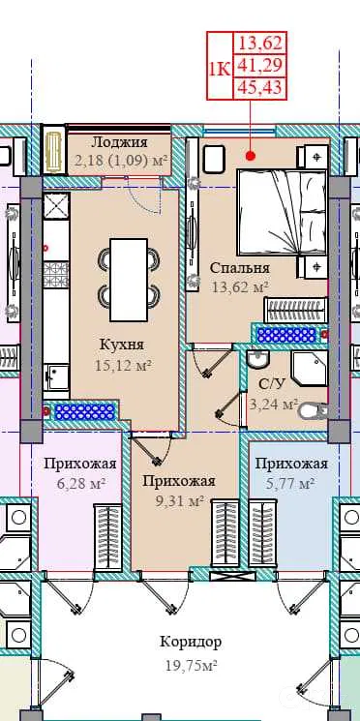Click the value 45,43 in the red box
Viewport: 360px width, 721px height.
259,87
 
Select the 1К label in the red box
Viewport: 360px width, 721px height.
220,70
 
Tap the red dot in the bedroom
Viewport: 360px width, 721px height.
250,156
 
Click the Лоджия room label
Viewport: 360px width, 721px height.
119,142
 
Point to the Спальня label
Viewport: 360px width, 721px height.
240,268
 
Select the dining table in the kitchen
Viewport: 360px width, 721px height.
129,280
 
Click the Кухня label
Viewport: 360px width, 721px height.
121,345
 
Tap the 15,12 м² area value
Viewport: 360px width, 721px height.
123,366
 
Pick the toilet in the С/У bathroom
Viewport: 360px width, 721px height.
314,410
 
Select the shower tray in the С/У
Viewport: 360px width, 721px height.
311,370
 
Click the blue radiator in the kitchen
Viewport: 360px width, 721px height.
84,411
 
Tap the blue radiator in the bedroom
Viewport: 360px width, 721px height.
286,334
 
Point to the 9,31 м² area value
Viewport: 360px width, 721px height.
180,501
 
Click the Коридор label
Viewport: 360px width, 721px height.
191,642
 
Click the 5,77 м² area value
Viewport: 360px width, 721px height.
290,483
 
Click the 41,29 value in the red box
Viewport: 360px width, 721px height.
259,66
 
